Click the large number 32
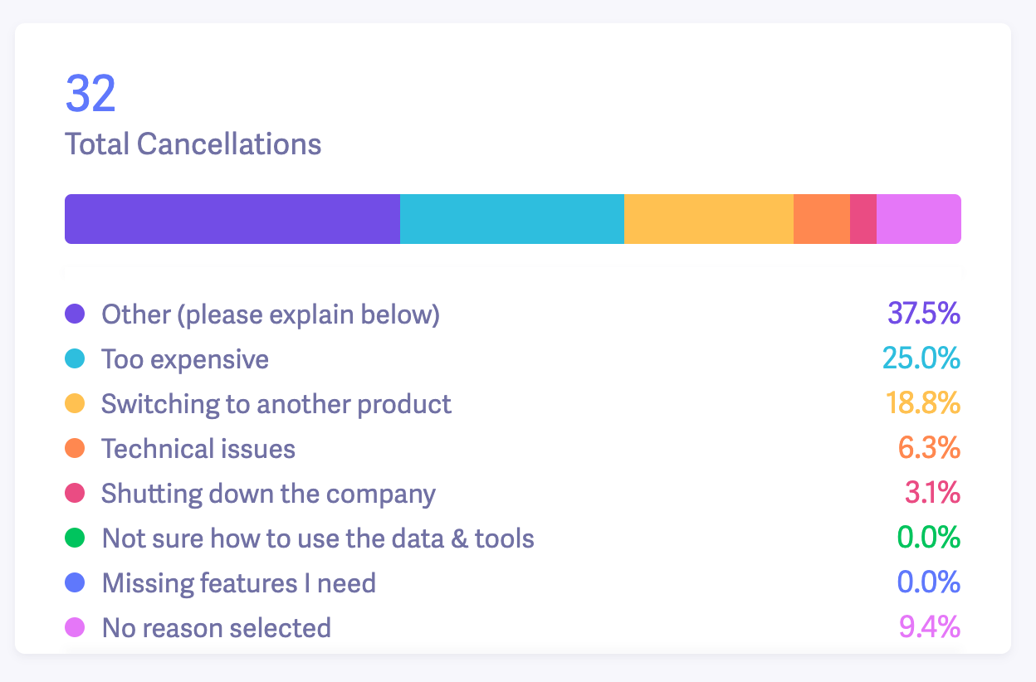(90, 95)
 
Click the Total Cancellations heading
(193, 144)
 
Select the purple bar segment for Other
(232, 219)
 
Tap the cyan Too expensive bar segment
(511, 219)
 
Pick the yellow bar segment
(708, 219)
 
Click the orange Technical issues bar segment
(821, 219)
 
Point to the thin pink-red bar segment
(863, 219)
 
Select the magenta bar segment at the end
(918, 219)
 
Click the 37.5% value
(923, 314)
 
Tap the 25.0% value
(921, 359)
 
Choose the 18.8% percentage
(922, 404)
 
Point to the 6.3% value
(929, 449)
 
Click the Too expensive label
(185, 359)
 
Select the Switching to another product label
(276, 404)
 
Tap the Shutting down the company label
(268, 494)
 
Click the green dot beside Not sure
(75, 538)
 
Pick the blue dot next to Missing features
(75, 583)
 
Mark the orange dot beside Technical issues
(75, 449)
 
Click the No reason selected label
(216, 628)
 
